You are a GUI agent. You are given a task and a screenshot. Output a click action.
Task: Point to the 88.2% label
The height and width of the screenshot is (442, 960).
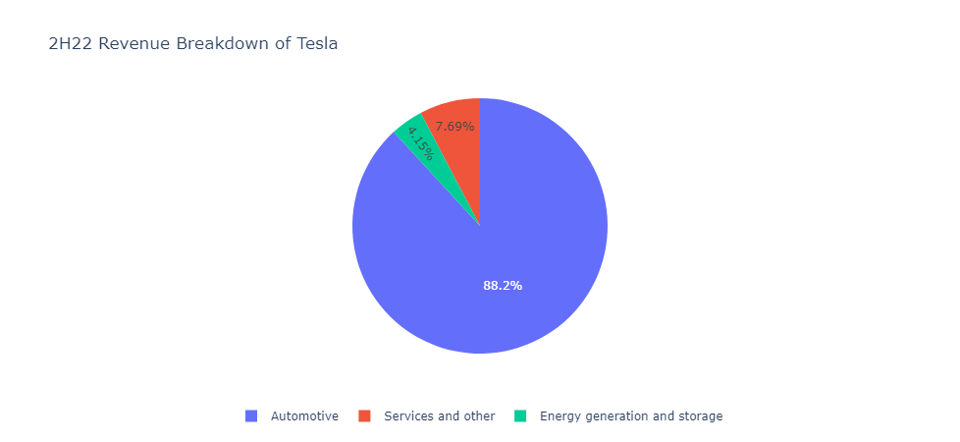502,285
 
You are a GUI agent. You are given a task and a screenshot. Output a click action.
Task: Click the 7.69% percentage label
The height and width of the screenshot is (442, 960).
454,126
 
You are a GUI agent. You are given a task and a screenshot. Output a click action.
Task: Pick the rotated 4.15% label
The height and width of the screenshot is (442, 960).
420,142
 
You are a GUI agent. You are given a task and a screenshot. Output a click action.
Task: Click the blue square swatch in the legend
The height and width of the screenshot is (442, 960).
251,416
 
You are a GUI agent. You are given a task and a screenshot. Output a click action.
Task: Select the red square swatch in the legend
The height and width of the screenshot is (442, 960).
364,416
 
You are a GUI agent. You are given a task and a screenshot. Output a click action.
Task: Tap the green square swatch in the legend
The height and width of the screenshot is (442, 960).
520,416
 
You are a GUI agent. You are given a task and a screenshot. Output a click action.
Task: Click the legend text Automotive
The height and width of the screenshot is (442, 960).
304,416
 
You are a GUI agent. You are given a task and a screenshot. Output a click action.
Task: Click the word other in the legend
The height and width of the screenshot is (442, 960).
479,416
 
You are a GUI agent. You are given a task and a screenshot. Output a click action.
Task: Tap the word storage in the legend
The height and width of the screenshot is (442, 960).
700,416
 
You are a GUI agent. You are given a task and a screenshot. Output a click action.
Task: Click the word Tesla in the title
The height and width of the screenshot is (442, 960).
317,43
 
